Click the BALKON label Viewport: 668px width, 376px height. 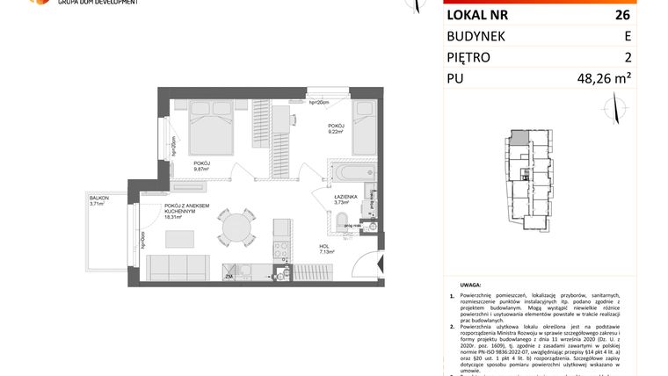coord(98,199)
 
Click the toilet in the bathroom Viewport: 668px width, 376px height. coord(346,220)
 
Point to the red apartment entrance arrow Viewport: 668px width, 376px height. coord(374,263)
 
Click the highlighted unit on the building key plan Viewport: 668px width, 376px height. coord(519,138)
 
